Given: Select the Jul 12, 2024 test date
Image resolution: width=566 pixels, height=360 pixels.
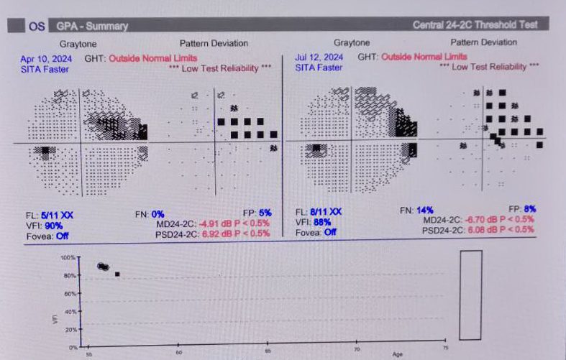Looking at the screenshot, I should tap(319, 57).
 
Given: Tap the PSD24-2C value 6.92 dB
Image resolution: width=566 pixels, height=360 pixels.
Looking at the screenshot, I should tap(208, 234).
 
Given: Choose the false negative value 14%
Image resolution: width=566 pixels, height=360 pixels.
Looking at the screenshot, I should tap(425, 210).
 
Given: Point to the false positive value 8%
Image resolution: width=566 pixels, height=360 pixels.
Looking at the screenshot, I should tap(530, 209).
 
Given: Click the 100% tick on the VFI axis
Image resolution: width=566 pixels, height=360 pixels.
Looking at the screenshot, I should tap(68, 257).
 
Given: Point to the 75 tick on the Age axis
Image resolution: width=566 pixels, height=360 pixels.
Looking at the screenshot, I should tap(444, 350).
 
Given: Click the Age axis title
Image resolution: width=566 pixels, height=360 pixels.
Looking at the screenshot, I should tap(398, 354).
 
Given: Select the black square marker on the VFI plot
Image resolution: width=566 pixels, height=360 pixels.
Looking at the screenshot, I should tap(117, 274).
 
